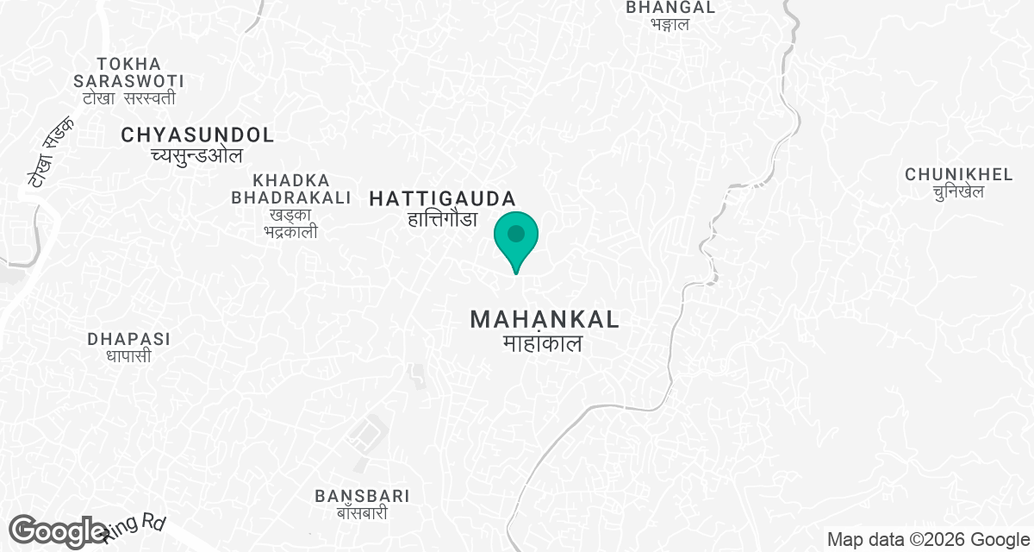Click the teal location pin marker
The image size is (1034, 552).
[516, 236]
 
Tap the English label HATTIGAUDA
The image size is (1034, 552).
[442, 198]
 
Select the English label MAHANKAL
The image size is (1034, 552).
[545, 320]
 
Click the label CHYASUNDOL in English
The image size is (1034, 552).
[197, 135]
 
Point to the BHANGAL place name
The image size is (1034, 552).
[670, 7]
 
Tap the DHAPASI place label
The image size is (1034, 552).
[128, 339]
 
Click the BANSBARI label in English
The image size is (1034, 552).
[362, 496]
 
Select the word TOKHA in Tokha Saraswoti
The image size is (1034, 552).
[129, 64]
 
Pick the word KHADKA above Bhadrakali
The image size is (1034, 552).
[291, 180]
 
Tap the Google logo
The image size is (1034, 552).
[58, 531]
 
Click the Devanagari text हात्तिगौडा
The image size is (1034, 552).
[442, 219]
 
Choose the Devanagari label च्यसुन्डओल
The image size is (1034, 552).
[196, 155]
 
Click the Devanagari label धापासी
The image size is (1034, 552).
[128, 355]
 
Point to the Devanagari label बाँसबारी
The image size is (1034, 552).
[362, 513]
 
